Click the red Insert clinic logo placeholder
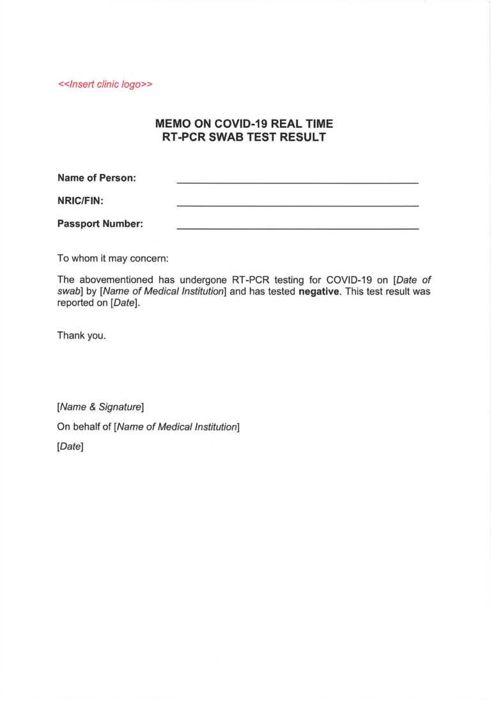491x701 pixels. coord(105,84)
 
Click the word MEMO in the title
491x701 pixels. coord(171,124)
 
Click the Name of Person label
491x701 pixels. coord(97,178)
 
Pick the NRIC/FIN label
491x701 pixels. coord(81,201)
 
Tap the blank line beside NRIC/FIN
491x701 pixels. coord(297,204)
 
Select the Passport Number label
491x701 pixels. coord(100,224)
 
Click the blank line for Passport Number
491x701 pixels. coord(297,227)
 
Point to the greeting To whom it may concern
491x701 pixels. coord(113,259)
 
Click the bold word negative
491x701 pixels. coord(319,291)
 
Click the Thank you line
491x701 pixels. coord(82,335)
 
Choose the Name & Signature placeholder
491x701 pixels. coord(100,406)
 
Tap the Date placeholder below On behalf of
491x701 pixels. coord(70,447)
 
